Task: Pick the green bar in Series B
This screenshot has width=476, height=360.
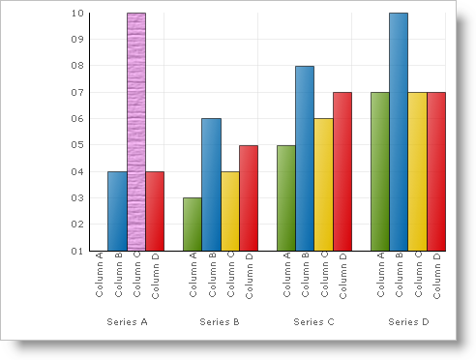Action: click(x=193, y=225)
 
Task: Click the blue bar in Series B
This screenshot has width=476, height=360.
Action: click(x=211, y=185)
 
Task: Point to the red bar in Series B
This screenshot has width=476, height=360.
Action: click(x=249, y=198)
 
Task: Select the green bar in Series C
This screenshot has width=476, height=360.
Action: click(x=286, y=198)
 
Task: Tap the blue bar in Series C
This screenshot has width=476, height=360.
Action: click(x=305, y=159)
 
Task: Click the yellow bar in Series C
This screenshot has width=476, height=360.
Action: click(x=324, y=185)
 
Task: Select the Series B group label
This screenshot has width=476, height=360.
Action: click(x=221, y=320)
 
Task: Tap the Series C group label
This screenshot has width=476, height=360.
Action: click(x=314, y=320)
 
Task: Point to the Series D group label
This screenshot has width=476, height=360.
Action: click(x=408, y=320)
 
